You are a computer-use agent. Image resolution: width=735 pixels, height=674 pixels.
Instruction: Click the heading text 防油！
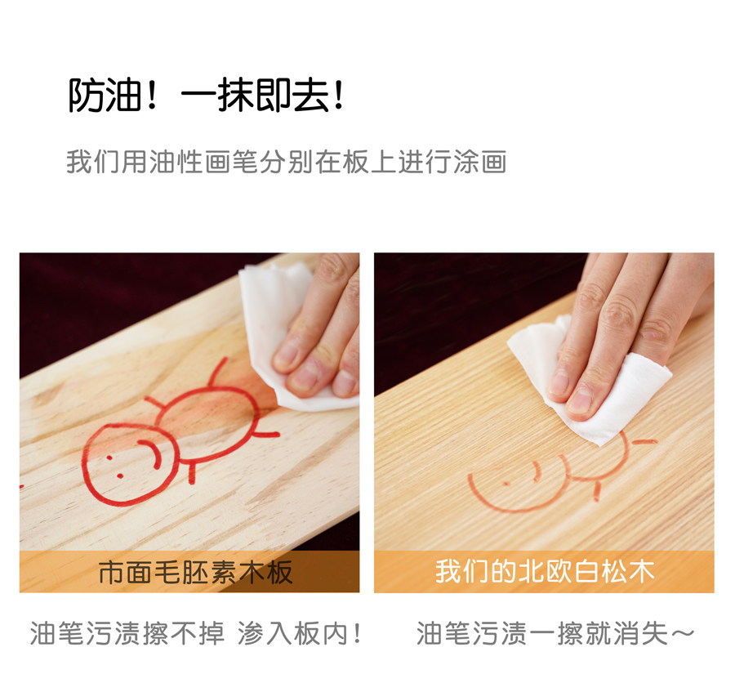[113, 96]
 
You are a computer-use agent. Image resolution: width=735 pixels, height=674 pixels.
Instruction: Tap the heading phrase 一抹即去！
[262, 96]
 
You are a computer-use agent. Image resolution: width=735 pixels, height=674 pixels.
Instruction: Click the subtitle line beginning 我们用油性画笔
[287, 161]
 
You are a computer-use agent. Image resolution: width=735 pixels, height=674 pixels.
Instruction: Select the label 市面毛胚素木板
[195, 572]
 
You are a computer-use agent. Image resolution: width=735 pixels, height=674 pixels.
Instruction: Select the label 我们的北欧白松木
[544, 571]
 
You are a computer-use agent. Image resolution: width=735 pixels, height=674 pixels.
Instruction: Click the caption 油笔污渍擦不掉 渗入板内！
[196, 633]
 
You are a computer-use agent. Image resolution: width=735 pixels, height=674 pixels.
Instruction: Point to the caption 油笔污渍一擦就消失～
[555, 633]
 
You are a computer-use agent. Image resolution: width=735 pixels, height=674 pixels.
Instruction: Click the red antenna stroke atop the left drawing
[217, 372]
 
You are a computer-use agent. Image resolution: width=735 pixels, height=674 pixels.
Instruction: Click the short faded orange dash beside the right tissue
[644, 442]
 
